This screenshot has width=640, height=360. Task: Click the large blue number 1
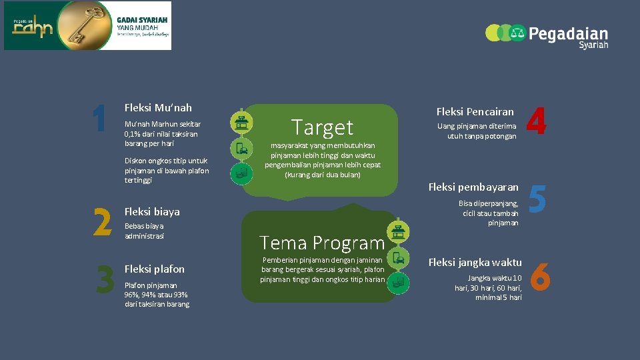point(100,119)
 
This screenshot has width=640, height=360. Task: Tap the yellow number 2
point(101,222)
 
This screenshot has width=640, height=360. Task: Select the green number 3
point(105,279)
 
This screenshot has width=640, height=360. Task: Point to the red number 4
point(537,123)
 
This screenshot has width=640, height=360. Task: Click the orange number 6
point(539,276)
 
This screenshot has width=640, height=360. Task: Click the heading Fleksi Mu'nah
point(158,107)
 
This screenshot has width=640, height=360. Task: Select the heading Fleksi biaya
point(152,212)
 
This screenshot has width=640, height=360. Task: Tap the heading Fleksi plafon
point(155,269)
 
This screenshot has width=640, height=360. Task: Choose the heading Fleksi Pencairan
point(475,111)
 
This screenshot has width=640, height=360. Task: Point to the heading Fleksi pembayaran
point(473,187)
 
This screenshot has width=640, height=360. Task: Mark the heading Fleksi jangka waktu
point(475,262)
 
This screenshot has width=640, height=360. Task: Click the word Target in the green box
point(322,127)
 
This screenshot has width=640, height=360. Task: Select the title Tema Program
point(322,243)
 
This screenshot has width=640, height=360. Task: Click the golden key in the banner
point(73,25)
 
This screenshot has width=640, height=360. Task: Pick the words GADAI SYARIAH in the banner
point(142,20)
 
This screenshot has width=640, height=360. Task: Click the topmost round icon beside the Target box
point(241,122)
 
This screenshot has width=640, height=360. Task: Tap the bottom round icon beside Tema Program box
point(398,282)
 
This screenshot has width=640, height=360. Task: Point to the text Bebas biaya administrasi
point(144,231)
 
